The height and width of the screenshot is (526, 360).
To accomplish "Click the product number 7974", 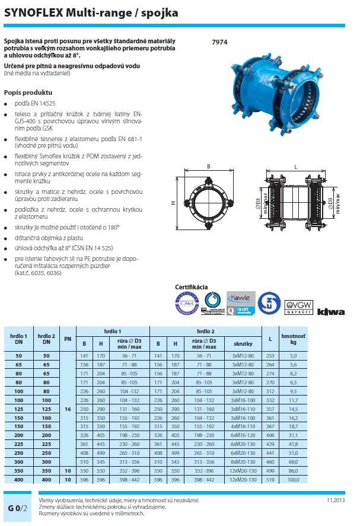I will click(219, 42).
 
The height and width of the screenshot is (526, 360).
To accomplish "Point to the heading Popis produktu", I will click(28, 93).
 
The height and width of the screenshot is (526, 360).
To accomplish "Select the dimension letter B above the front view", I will click(209, 167).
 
